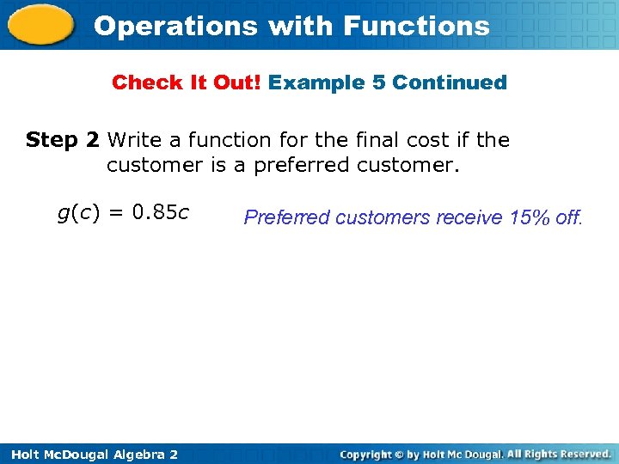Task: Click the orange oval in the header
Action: [x=42, y=25]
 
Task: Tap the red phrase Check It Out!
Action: [x=187, y=82]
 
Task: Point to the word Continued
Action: [x=450, y=82]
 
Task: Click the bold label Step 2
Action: [x=64, y=139]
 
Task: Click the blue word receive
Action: [x=469, y=217]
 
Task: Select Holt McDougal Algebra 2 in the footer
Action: [x=89, y=454]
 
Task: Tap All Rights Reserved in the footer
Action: [x=559, y=454]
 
